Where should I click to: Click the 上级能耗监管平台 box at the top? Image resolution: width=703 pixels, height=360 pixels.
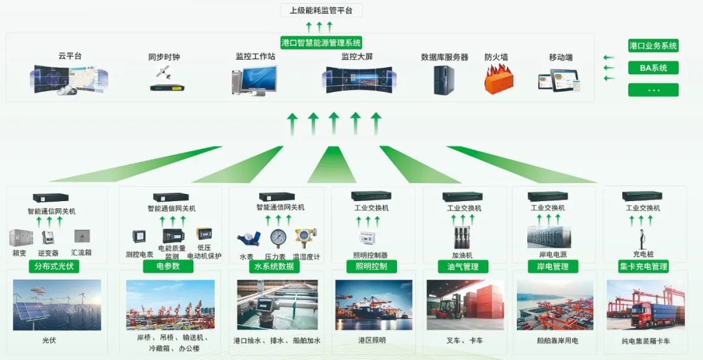[x=321, y=10]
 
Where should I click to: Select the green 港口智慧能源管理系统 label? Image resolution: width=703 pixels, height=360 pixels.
[x=322, y=42]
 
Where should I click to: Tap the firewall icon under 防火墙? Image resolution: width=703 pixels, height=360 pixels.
[x=499, y=80]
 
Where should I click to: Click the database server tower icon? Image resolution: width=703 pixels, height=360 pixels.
[x=444, y=80]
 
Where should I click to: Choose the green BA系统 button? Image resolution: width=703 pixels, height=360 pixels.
[x=653, y=68]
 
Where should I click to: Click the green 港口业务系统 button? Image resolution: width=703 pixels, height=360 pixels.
[x=653, y=46]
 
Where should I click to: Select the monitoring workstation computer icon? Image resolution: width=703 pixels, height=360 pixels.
[x=255, y=81]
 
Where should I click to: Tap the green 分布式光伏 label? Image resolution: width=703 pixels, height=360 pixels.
[x=53, y=266]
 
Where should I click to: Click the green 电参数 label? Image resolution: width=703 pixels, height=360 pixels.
[x=165, y=266]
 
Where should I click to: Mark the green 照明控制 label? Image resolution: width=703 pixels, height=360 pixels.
[x=371, y=266]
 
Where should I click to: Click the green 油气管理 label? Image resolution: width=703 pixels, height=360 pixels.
[x=463, y=266]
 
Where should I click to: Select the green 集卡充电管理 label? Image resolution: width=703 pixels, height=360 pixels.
[x=643, y=266]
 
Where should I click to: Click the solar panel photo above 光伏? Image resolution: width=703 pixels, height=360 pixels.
[x=57, y=305]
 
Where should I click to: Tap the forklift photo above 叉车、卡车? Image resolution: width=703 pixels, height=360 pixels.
[x=464, y=305]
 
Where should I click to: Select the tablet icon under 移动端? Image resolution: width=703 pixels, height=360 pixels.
[x=559, y=80]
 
